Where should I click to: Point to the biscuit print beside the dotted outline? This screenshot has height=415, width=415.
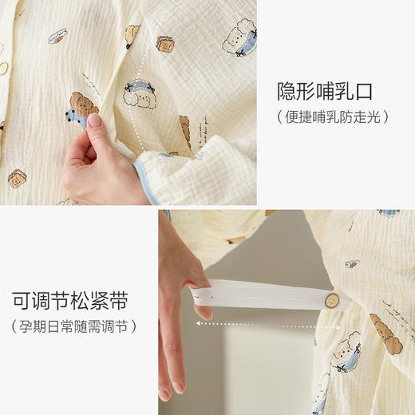(166, 44)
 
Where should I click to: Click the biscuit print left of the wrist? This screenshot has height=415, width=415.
(17, 178)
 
